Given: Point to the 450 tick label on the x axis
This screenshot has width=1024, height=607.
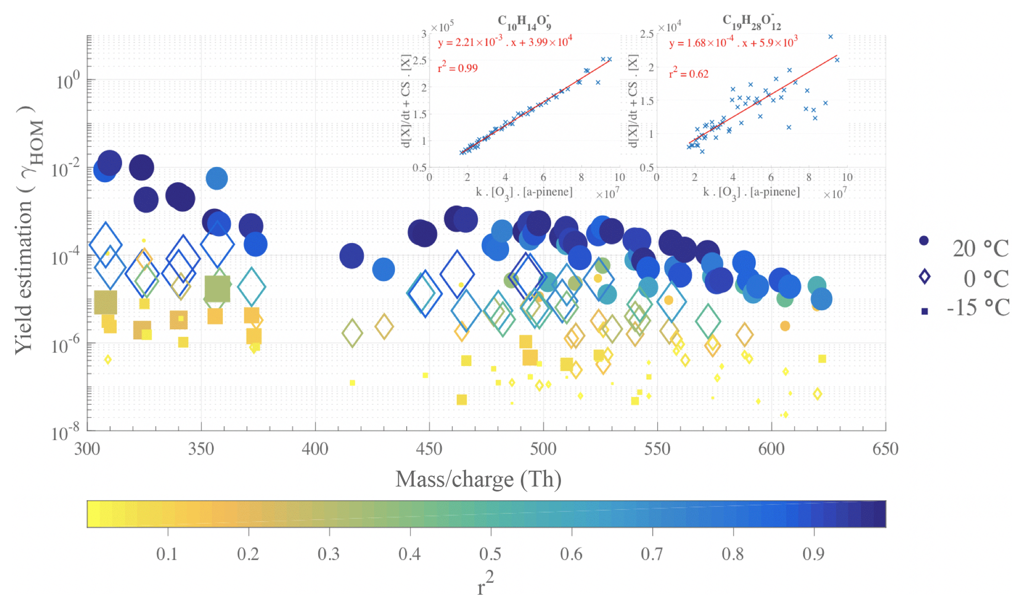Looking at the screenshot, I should [429, 449].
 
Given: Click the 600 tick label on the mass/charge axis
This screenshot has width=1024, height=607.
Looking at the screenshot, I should [771, 449].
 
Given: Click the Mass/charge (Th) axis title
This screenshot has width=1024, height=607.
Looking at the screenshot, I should [478, 479].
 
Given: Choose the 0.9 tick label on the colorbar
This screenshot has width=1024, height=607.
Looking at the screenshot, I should [813, 554].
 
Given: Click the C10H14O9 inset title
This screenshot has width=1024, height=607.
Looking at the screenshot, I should [524, 22].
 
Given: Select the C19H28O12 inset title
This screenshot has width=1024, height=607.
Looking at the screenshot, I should [751, 22].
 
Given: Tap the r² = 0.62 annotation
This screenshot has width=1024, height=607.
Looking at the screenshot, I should [689, 73].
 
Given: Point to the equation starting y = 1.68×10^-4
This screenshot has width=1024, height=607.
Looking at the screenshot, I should [733, 42].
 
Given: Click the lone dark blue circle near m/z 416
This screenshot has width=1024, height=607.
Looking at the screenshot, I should [352, 256].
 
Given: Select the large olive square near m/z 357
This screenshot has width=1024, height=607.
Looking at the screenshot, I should [217, 289].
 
